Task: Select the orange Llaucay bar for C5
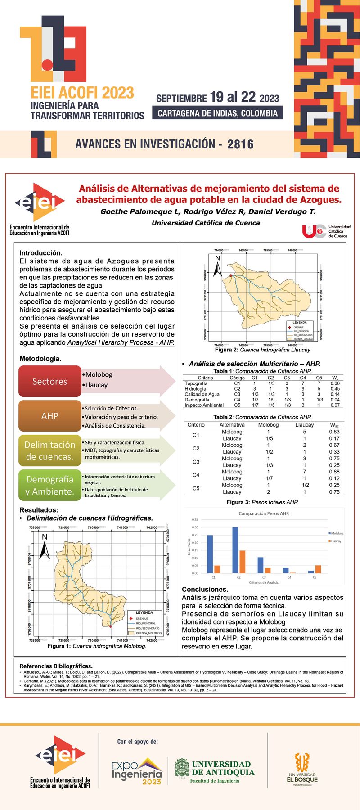pos(318,569)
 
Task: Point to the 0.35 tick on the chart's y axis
pos(195,520)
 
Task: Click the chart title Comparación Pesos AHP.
pos(264,513)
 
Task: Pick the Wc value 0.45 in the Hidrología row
pos(335,389)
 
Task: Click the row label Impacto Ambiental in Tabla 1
pos(204,405)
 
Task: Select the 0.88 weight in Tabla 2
pos(334,472)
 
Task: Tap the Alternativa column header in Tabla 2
pos(232,425)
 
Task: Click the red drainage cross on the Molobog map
pos(110,626)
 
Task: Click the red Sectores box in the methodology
pos(50,381)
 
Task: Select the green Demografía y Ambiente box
pos(50,485)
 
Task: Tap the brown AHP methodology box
pos(50,416)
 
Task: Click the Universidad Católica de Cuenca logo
pos(326,231)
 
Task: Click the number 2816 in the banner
pos(240,144)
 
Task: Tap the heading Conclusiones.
pos(205,589)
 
